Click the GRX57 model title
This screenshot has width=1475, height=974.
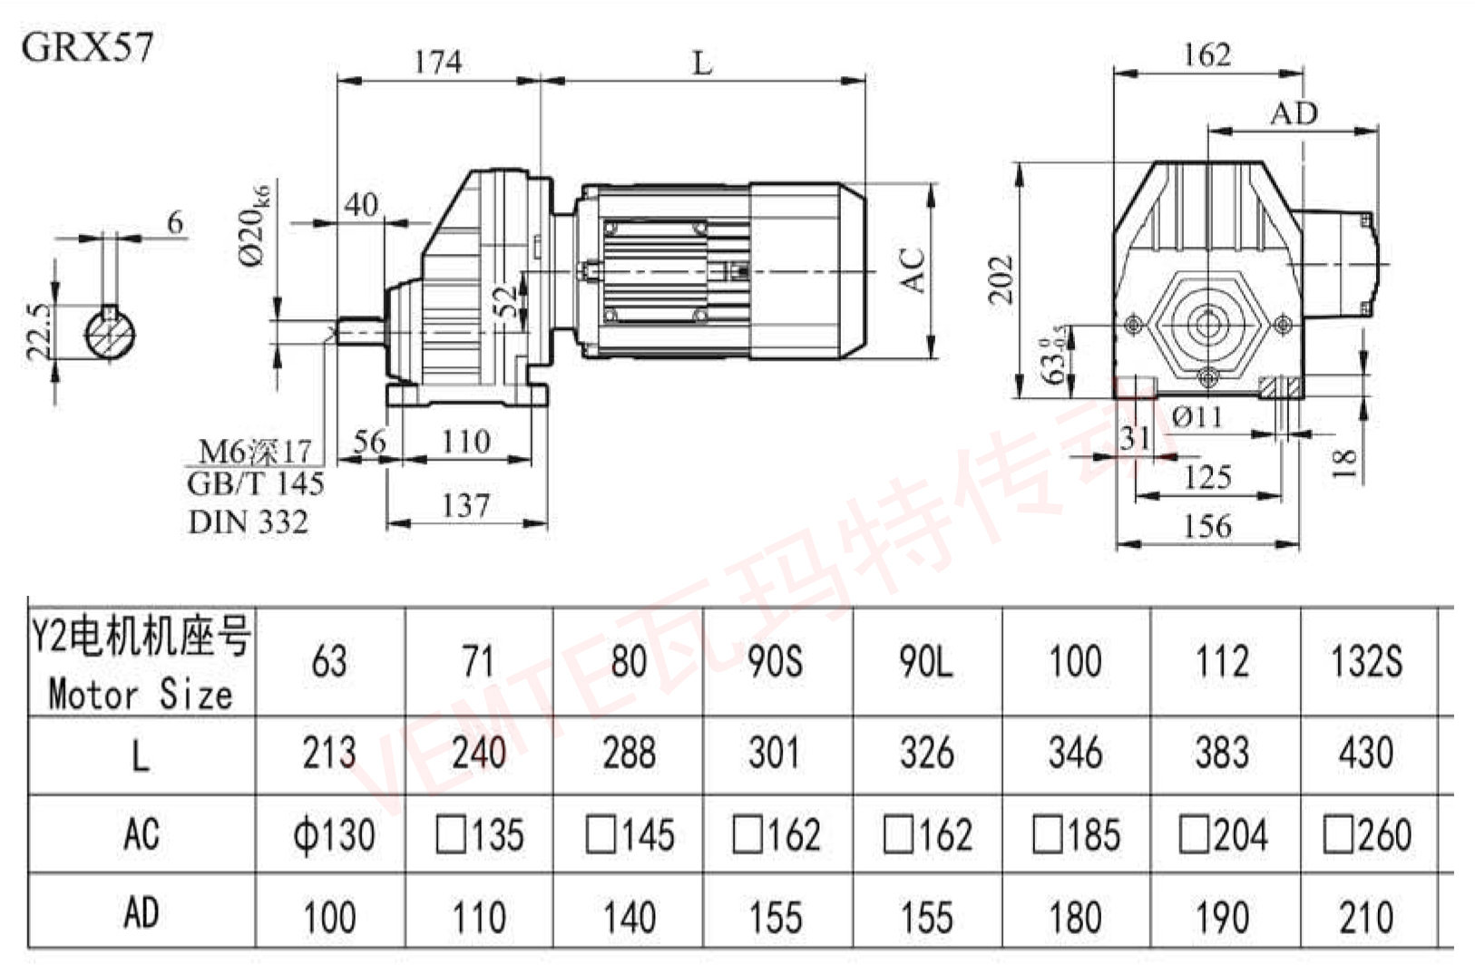pos(87,46)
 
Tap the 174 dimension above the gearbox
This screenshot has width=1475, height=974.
pos(438,62)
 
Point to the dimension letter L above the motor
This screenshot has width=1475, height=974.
pos(702,63)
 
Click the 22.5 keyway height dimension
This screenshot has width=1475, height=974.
pos(39,331)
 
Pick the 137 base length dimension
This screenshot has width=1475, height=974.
pos(465,505)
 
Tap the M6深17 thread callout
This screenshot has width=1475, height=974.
pos(255,451)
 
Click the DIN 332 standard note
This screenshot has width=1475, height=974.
pos(248,521)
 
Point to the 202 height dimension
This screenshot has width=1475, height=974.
pos(1001,279)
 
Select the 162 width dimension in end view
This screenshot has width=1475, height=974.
pos(1207,55)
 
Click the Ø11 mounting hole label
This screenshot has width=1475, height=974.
pos(1197,417)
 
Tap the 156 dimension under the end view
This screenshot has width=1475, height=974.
pos(1207,526)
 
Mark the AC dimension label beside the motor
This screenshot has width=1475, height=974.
pos(913,269)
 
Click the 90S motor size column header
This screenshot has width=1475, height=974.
pos(775,661)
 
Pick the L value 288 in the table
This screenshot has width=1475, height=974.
pos(629,753)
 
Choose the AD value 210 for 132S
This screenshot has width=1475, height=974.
pos(1366,917)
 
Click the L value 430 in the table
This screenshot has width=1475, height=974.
pos(1366,753)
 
